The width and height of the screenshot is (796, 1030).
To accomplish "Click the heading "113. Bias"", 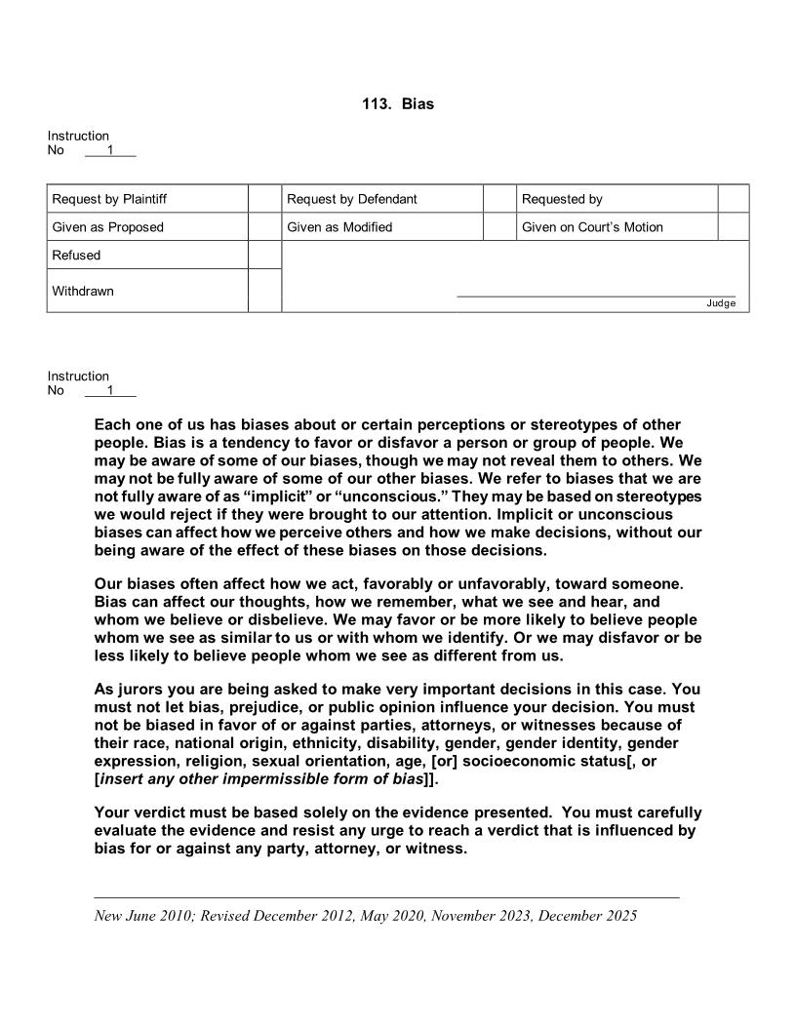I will pos(397,103).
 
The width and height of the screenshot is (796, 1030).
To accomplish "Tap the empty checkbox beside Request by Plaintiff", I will pos(264,199).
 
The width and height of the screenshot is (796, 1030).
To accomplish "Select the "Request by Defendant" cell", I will pos(351,199).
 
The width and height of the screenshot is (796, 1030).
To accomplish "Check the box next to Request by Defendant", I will pos(499,199).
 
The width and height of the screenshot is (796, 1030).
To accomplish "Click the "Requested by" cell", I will pos(562,199).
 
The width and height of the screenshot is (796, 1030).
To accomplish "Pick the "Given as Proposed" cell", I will pos(107,227).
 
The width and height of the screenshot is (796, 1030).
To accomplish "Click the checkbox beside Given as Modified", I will pos(499,227).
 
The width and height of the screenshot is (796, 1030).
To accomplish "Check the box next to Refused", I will pos(264,256).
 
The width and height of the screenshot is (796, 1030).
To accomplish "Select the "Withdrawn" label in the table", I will pos(83,291).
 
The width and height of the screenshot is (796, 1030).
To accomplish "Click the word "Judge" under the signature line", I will pos(721,303).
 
